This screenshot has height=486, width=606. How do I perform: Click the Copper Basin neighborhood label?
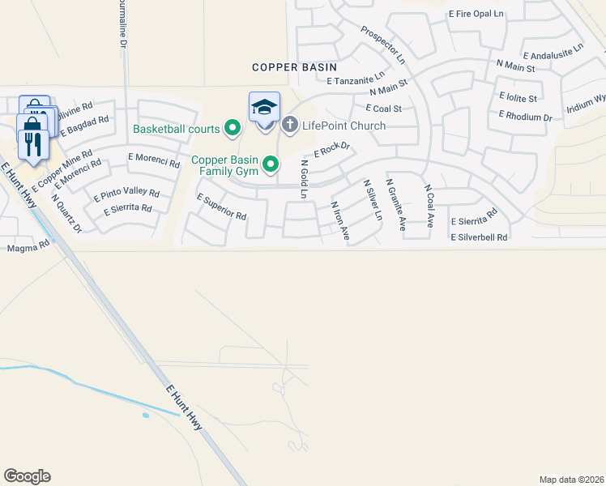pyautogui.click(x=294, y=68)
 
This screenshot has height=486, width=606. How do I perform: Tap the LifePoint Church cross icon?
pyautogui.click(x=289, y=125)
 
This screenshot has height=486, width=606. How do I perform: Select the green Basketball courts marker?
pyautogui.click(x=233, y=128)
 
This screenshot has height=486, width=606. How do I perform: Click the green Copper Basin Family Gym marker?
pyautogui.click(x=271, y=166)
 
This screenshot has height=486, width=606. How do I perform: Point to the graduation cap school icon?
pyautogui.click(x=265, y=107)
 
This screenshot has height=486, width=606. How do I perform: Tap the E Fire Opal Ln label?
pyautogui.click(x=476, y=14)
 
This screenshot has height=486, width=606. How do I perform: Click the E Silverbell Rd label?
pyautogui.click(x=479, y=237)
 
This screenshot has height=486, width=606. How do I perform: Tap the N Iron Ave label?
pyautogui.click(x=339, y=221)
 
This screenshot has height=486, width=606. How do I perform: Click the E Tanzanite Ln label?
pyautogui.click(x=356, y=81)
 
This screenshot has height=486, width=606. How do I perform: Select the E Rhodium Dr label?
pyautogui.click(x=526, y=117)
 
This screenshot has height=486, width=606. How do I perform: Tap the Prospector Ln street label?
pyautogui.click(x=382, y=47)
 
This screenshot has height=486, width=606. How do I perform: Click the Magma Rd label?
pyautogui.click(x=22, y=248)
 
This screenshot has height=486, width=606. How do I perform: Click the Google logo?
pyautogui.click(x=27, y=476)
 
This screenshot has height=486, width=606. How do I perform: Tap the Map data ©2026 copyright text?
pyautogui.click(x=571, y=480)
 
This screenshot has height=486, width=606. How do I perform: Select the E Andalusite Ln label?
pyautogui.click(x=553, y=52)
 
